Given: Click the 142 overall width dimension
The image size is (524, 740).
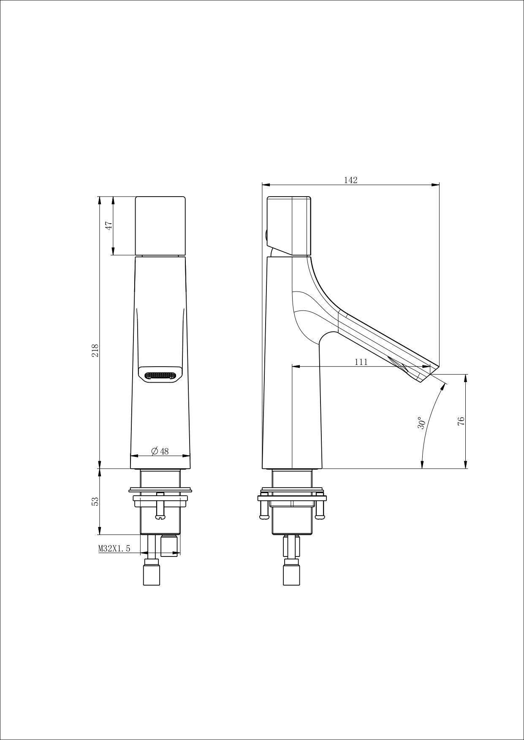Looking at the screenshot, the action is (x=350, y=180).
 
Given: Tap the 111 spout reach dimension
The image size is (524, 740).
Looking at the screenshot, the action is (x=361, y=362).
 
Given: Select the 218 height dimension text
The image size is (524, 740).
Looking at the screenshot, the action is (x=95, y=351).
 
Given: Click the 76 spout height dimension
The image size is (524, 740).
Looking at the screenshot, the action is (x=461, y=421).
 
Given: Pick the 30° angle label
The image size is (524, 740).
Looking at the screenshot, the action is (x=421, y=424).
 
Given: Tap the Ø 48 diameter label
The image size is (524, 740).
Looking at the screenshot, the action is (x=160, y=451).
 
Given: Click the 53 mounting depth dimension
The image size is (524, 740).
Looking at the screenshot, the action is (x=95, y=501).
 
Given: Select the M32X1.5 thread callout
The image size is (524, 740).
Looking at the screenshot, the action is (x=114, y=548).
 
